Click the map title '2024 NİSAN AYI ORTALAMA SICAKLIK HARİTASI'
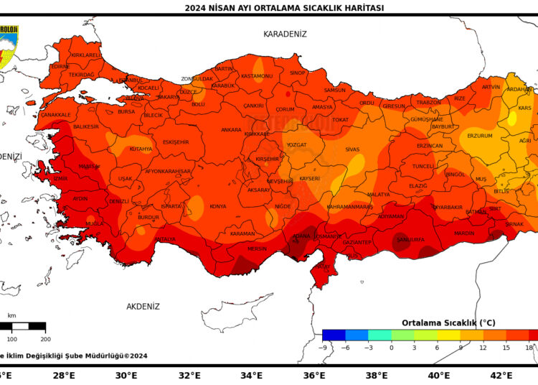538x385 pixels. (284, 8)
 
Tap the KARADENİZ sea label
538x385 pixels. (285, 34)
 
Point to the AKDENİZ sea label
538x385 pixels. (143, 307)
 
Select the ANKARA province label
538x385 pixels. (231, 130)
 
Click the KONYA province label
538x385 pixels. (217, 206)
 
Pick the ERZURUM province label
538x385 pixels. (480, 136)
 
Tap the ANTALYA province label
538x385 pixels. (164, 239)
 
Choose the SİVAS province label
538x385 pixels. (352, 149)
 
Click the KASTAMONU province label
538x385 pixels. (257, 76)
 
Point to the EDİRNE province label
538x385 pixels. (60, 67)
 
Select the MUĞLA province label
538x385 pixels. (95, 223)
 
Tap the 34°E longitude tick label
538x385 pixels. (251, 375)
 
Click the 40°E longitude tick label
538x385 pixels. (438, 375)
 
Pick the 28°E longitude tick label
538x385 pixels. (64, 375)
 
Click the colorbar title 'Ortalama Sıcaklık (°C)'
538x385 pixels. (448, 323)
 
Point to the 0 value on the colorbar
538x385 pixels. (391, 347)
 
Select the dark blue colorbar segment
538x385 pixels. (334, 335)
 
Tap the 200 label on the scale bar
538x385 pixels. (45, 339)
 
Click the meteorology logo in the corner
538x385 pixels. (9, 45)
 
